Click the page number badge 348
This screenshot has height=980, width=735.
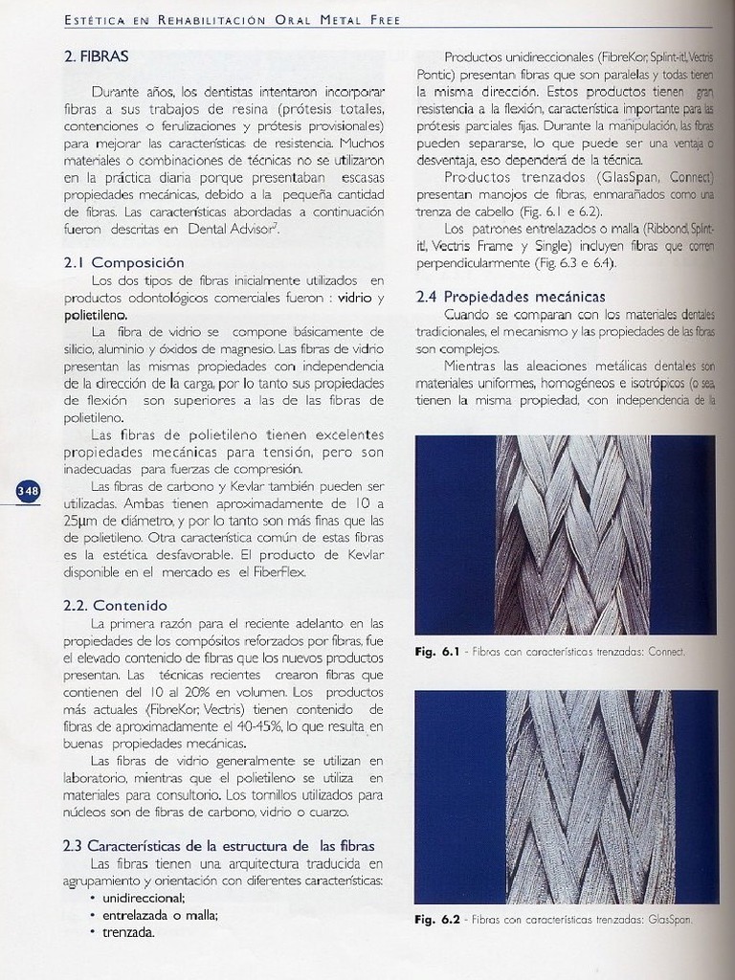click(x=28, y=491)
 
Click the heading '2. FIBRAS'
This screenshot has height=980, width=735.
click(x=96, y=56)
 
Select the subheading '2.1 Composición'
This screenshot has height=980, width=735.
click(x=123, y=262)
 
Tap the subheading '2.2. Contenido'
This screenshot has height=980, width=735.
click(x=115, y=605)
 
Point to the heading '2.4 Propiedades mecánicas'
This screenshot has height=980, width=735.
click(x=510, y=297)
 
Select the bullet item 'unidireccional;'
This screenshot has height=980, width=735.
click(x=144, y=898)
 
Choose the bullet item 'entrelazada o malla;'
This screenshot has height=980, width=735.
click(x=160, y=915)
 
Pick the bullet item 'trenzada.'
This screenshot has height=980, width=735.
click(x=128, y=932)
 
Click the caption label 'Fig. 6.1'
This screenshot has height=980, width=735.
click(x=438, y=652)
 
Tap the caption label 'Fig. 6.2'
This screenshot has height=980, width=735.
click(x=438, y=920)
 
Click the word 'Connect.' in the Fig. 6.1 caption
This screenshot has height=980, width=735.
click(x=668, y=652)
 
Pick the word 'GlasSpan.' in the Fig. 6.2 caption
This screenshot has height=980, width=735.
click(x=670, y=920)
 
